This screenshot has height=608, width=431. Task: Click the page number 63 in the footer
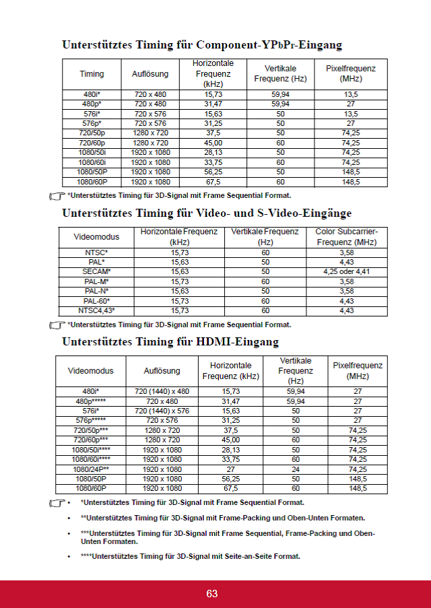[x=212, y=593]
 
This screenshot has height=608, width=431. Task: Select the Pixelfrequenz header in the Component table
[x=350, y=73]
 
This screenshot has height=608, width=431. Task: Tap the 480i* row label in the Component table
[x=92, y=95]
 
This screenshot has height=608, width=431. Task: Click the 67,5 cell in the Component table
[x=213, y=182]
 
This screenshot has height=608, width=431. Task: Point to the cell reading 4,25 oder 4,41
[x=346, y=271]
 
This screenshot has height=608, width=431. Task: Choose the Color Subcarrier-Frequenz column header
[x=346, y=237]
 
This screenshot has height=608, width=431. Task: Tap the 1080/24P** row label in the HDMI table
[x=91, y=469]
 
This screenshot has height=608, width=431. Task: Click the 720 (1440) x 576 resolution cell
[x=162, y=411]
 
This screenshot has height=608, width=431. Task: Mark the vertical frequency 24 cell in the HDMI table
[x=295, y=469]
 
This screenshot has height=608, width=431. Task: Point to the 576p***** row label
[x=91, y=420]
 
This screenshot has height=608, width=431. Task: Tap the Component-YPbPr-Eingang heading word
[x=269, y=45]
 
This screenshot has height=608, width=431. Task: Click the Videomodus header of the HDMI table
[x=91, y=371]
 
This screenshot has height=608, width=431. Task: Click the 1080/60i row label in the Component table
[x=92, y=162]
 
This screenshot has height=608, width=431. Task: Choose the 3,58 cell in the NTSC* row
[x=346, y=252]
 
